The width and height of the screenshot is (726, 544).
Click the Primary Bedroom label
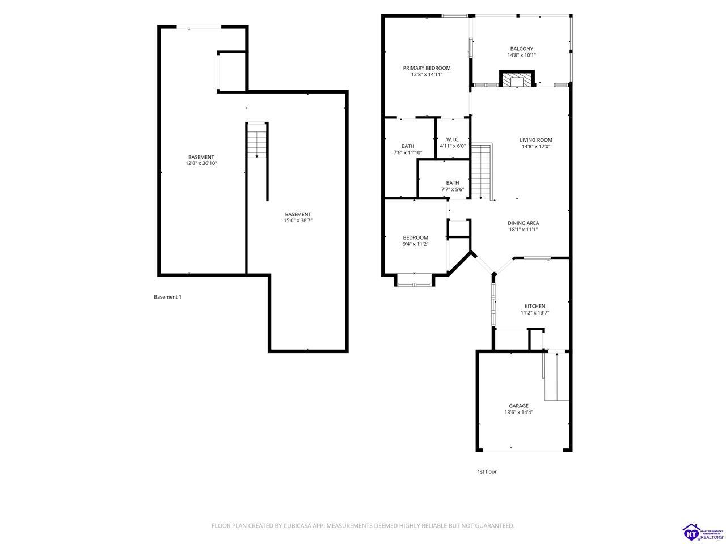(427, 68)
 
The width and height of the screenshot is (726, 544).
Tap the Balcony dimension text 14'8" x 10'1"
(522, 55)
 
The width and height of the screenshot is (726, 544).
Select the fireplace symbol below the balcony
(517, 79)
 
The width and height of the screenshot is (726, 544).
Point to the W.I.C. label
(453, 139)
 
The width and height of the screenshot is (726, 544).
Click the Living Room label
(536, 140)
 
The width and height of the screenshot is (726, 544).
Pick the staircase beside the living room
(482, 172)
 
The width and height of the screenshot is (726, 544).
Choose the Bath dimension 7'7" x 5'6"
(453, 189)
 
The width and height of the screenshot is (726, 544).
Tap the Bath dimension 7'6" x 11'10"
(408, 152)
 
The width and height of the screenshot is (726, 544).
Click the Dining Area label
(524, 223)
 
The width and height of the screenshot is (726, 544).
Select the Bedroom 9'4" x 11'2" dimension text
(415, 244)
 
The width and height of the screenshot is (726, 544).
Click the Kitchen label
(535, 306)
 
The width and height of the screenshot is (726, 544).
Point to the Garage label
(518, 406)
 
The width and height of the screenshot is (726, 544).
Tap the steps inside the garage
(556, 376)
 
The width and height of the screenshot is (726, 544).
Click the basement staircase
(257, 140)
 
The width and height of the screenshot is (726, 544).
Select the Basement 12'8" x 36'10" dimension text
(201, 163)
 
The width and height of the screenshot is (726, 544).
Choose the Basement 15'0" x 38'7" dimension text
(298, 220)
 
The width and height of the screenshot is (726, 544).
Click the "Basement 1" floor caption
(168, 297)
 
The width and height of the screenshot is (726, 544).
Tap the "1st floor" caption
(487, 471)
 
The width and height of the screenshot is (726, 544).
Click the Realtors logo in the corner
(703, 533)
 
